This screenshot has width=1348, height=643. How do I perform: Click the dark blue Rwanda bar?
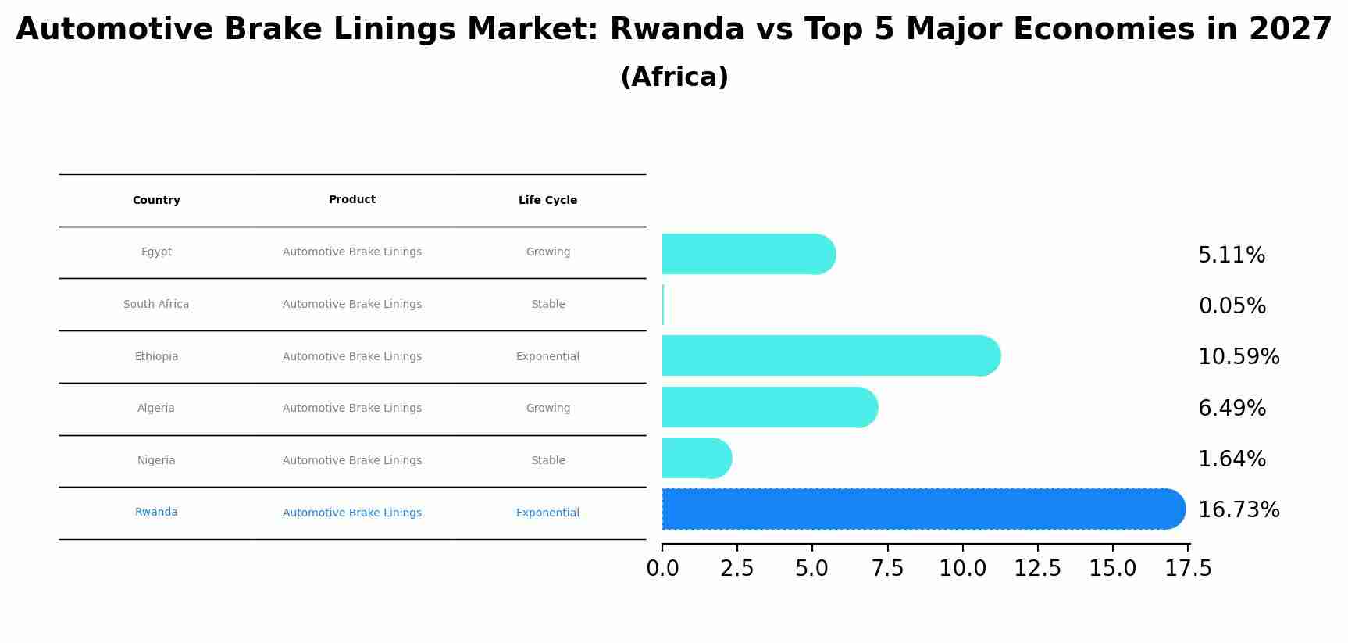922,509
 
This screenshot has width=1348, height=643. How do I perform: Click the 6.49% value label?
1232,409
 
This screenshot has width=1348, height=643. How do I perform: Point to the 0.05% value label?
1232,306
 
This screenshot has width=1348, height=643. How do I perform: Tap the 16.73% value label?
1238,510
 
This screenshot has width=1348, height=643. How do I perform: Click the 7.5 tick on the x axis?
887,569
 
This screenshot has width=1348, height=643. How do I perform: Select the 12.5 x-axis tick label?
1037,569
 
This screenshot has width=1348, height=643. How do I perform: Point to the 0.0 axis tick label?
662,569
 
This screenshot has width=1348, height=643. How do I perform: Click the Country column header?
156,201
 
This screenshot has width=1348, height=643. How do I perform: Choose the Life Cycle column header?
547,201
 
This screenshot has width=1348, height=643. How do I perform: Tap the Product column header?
352,200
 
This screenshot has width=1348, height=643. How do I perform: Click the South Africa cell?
156,305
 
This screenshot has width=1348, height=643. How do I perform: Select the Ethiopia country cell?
156,357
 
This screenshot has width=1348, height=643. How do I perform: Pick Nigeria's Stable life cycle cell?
547,461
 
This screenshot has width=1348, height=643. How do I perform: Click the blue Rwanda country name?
156,513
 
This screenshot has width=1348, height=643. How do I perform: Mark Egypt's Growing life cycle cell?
547,252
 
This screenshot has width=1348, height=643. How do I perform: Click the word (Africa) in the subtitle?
674,77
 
